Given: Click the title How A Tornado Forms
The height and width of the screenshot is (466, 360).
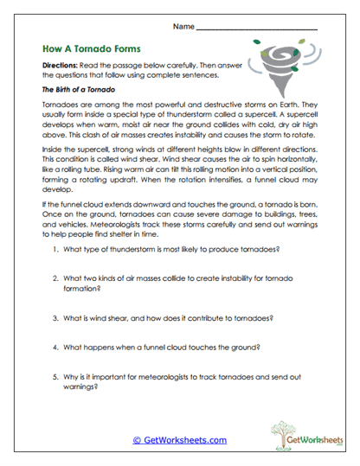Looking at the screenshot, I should pos(91,49).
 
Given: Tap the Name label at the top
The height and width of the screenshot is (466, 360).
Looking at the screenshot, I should pos(183,27).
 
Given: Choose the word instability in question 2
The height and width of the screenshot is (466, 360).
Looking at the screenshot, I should pos(239,278).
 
